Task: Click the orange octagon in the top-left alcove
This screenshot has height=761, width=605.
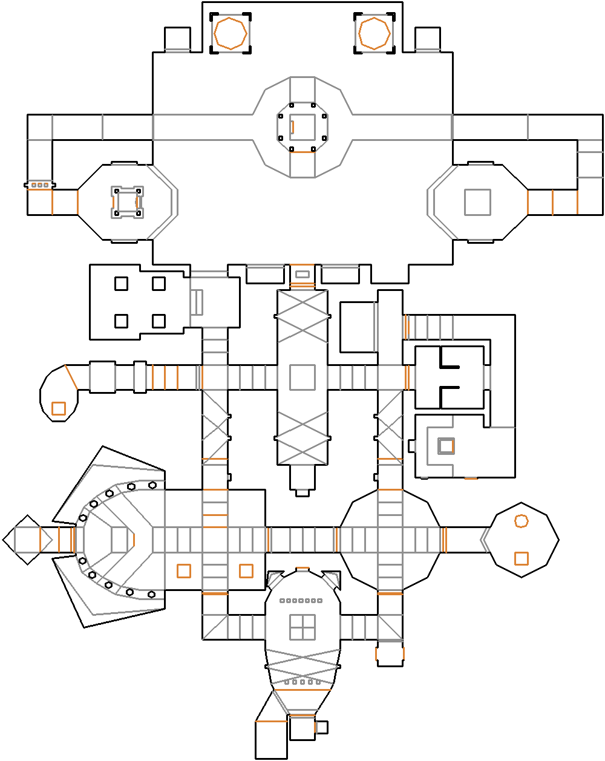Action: (230, 33)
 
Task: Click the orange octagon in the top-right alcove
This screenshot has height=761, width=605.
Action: (374, 33)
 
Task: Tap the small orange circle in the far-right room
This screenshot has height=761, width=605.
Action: (521, 521)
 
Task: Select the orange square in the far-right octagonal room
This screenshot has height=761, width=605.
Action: (521, 558)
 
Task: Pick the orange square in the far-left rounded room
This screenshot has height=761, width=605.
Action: (58, 408)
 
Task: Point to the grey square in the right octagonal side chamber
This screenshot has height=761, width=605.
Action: (477, 202)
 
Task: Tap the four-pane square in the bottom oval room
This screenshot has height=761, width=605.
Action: (302, 627)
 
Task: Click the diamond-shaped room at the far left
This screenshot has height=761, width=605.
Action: (26, 540)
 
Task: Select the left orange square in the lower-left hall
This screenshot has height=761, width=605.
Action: (183, 570)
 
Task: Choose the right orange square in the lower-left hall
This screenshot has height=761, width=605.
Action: (246, 570)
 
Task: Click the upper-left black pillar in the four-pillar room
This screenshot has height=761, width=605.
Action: (121, 283)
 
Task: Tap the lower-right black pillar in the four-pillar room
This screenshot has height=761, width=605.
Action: (159, 321)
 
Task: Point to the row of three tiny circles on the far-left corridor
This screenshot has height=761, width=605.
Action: (40, 185)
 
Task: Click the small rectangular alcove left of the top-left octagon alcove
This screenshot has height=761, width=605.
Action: (177, 39)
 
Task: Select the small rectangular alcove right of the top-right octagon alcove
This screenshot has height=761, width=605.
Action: (427, 39)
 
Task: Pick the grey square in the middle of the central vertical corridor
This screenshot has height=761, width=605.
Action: (302, 377)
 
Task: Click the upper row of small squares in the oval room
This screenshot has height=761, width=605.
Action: (301, 601)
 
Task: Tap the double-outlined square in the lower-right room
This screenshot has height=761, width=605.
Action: (446, 446)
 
